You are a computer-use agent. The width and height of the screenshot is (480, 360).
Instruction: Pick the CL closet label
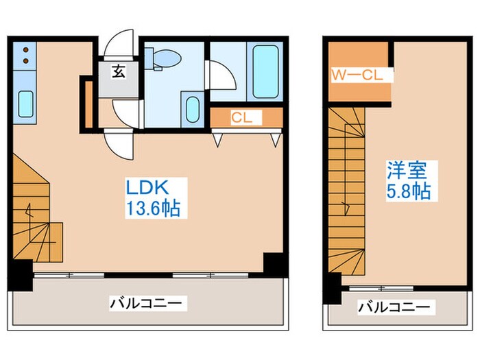(241, 117)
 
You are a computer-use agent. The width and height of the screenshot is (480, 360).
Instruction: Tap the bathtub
(267, 71)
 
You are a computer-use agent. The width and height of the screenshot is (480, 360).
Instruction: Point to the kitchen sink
(26, 104)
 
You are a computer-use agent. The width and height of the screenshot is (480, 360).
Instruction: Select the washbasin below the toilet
(193, 108)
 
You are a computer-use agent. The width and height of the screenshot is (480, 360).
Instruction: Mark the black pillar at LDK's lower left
(21, 269)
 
